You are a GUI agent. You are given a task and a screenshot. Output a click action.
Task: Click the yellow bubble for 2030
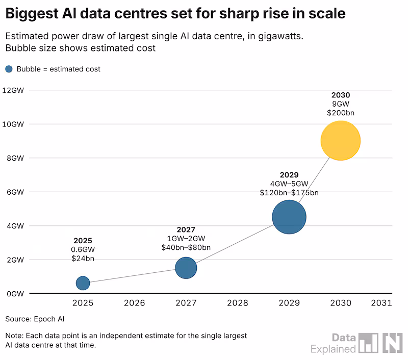pos(341,141)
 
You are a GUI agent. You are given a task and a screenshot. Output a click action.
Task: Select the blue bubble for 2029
pos(289,217)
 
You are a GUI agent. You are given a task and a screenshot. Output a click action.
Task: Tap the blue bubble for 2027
pos(186,268)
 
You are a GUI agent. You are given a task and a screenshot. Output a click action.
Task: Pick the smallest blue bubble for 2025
pos(83,284)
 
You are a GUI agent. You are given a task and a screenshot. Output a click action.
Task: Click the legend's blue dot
pos(9,69)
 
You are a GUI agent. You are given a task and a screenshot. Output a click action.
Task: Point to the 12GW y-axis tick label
pos(13,90)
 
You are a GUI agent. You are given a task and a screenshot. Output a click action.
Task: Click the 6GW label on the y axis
pos(15,192)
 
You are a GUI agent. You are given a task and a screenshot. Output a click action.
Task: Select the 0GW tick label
pos(15,294)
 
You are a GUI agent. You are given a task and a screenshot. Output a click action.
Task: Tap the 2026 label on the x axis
pos(134,303)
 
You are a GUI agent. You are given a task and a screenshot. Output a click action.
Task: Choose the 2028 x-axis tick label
pos(238,303)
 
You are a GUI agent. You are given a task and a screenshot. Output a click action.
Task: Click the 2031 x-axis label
pos(381,303)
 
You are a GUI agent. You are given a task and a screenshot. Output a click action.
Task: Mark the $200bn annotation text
pos(341,113)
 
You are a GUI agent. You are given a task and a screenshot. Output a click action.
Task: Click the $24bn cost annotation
pos(83,259)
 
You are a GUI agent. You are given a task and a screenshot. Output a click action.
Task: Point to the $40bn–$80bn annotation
pos(186,247)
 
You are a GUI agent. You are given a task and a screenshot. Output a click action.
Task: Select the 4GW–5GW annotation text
pos(289,184)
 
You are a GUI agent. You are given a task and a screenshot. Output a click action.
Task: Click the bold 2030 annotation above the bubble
pos(341,95)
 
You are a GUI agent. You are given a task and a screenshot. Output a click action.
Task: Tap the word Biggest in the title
pos(32,14)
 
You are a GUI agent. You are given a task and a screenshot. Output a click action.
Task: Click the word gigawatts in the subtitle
pos(280,36)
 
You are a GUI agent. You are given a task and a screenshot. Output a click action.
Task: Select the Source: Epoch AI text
pos(35,319)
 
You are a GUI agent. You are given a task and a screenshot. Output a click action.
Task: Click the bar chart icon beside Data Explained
pos(368,343)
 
